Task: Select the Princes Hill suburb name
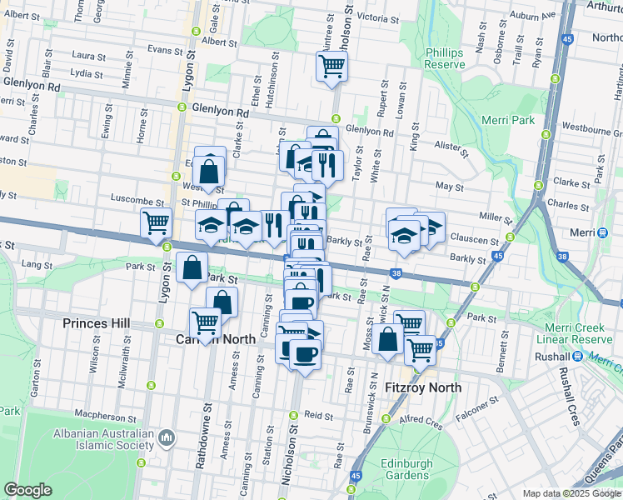click(x=97, y=322)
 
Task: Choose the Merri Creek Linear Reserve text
click(x=579, y=334)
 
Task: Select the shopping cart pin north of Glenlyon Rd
click(x=331, y=66)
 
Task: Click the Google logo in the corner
click(x=27, y=490)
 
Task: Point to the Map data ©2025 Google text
click(x=571, y=493)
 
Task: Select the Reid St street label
click(x=318, y=414)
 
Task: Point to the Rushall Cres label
click(x=570, y=397)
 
